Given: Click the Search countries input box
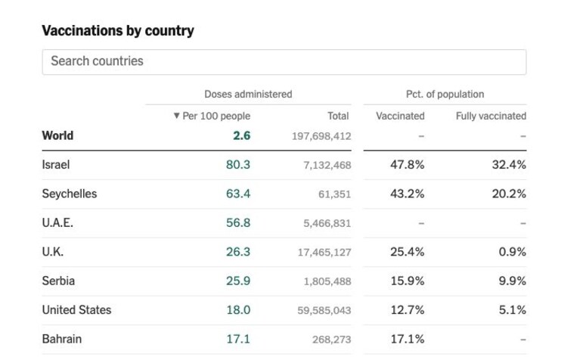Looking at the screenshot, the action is (x=284, y=62).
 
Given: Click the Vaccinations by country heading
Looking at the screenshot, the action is (x=118, y=30).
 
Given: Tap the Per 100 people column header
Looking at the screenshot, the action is (x=216, y=116).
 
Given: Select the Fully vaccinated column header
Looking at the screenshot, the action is (x=491, y=116).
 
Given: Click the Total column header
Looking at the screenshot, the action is (x=338, y=116).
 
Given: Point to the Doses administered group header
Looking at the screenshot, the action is (x=248, y=94).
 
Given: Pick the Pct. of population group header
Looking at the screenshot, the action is (x=445, y=94).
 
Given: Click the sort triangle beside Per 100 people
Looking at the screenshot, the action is (x=176, y=116).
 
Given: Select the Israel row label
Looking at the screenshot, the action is (x=56, y=164).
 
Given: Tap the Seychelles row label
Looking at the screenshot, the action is (x=70, y=194).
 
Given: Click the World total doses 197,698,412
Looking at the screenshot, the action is (x=321, y=136).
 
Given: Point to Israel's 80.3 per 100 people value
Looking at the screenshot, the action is (x=238, y=164).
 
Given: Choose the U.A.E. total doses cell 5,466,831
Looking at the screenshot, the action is (x=327, y=223).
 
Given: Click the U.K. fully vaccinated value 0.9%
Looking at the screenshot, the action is (x=512, y=252).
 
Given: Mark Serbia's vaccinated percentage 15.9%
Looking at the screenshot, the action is (x=408, y=281).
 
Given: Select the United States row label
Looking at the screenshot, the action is (x=76, y=309).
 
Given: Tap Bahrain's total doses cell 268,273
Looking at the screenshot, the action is (x=331, y=340).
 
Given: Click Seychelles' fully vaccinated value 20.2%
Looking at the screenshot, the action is (x=509, y=194).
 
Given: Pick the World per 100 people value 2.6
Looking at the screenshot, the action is (x=242, y=135).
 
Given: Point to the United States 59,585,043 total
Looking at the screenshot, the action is (x=324, y=310).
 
